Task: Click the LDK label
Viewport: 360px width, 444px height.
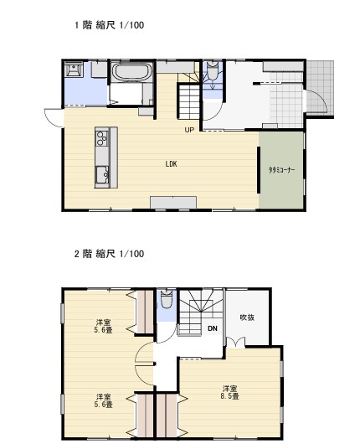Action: tap(172, 163)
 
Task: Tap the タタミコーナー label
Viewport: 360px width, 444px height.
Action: tap(281, 170)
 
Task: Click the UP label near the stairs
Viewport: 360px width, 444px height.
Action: tap(189, 130)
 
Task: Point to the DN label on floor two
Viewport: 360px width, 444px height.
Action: tap(213, 328)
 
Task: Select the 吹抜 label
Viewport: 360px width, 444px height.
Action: tap(247, 318)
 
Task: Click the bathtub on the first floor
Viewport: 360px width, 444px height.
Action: tap(132, 71)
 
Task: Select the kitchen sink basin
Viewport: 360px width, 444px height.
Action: tap(102, 175)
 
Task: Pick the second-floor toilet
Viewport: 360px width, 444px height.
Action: tap(167, 299)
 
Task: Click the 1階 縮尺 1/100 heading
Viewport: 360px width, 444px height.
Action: tap(109, 25)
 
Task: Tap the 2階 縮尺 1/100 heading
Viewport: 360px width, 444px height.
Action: tap(109, 254)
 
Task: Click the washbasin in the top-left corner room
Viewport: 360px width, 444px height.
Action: tap(74, 69)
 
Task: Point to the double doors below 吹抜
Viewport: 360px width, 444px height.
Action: tap(236, 342)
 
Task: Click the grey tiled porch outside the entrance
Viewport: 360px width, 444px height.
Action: tap(320, 88)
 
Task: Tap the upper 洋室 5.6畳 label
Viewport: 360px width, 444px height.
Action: tap(104, 326)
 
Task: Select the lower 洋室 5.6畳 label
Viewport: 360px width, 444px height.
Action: tap(104, 400)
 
